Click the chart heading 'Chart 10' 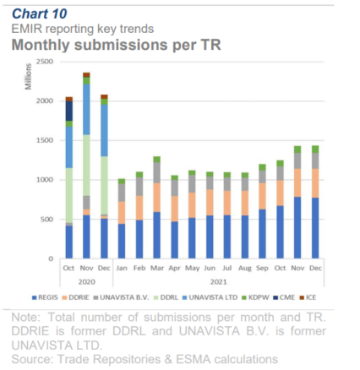(x=40, y=14)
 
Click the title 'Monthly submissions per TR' (x=116, y=45)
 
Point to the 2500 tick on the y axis (x=45, y=62)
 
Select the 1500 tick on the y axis (x=45, y=140)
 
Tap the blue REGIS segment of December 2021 (x=314, y=228)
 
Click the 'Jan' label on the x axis (x=122, y=268)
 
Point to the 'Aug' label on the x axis (x=244, y=268)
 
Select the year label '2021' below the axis (x=218, y=282)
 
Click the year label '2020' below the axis (x=86, y=282)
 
